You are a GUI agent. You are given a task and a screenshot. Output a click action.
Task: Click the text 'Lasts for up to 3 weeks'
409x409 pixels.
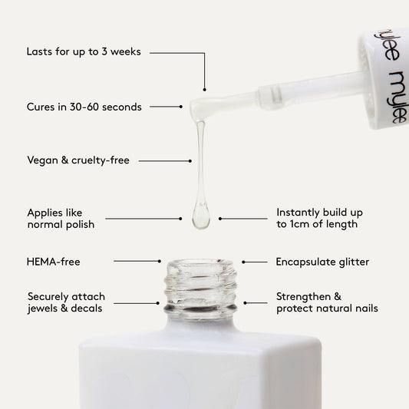pyautogui.click(x=83, y=53)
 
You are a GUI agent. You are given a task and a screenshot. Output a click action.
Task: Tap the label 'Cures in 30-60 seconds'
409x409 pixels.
pyautogui.click(x=84, y=107)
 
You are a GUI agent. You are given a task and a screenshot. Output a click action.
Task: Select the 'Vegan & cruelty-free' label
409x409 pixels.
pyautogui.click(x=78, y=160)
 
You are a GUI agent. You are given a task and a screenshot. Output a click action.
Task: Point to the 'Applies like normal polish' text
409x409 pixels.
pyautogui.click(x=61, y=218)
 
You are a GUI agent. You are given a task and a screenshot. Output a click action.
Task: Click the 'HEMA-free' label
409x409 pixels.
pyautogui.click(x=53, y=262)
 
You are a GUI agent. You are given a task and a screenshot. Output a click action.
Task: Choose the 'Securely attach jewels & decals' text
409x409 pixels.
pyautogui.click(x=66, y=302)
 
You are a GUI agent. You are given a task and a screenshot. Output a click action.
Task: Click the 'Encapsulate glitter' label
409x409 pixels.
pyautogui.click(x=322, y=262)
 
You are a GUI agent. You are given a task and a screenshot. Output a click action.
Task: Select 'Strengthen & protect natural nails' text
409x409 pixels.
pyautogui.click(x=327, y=302)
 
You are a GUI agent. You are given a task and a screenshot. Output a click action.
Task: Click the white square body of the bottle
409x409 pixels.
pyautogui.click(x=200, y=368)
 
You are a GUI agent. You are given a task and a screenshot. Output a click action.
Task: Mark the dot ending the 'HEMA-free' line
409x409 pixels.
pyautogui.click(x=160, y=262)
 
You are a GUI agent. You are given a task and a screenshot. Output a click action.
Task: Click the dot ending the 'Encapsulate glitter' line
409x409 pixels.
pyautogui.click(x=244, y=262)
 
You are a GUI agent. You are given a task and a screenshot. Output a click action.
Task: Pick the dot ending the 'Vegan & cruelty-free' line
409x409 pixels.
pyautogui.click(x=190, y=161)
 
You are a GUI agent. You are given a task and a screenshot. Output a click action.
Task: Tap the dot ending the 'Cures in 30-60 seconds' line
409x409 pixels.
pyautogui.click(x=181, y=107)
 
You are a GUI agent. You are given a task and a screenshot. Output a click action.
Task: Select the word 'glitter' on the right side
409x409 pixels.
pyautogui.click(x=351, y=262)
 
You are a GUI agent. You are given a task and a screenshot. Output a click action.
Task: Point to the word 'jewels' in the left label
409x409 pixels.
pyautogui.click(x=44, y=308)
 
